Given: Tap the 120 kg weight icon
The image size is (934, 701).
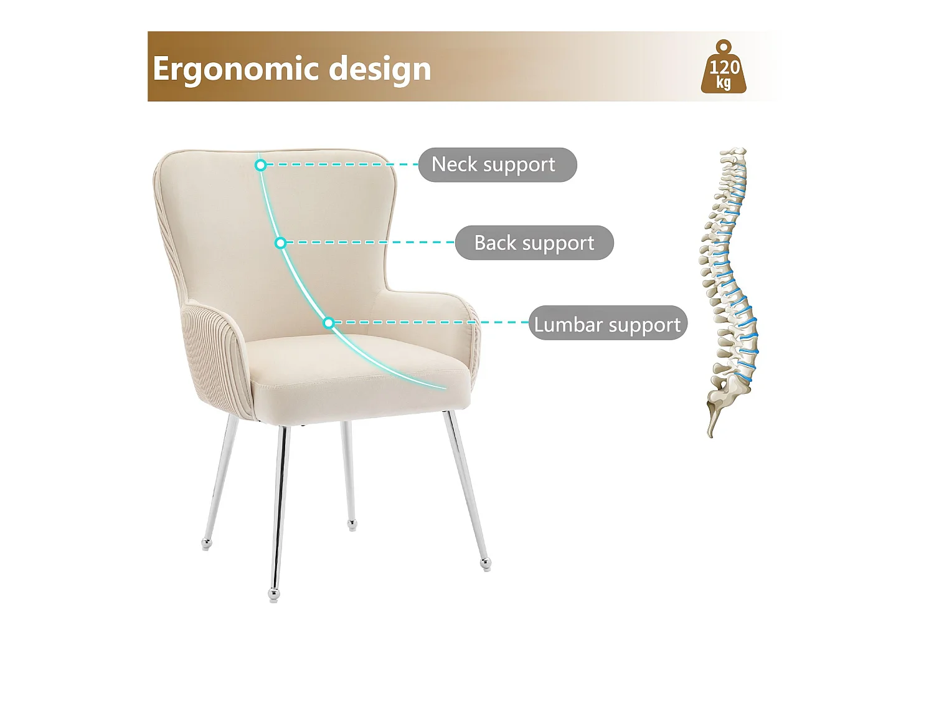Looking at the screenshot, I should click(724, 69).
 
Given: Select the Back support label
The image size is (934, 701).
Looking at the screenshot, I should click(534, 242).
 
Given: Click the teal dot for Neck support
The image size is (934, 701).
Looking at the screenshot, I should click(261, 165).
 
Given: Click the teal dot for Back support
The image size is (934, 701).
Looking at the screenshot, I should click(281, 242).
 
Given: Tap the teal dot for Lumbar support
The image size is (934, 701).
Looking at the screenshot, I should click(329, 322).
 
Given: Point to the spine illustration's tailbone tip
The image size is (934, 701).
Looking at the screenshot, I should click(710, 434).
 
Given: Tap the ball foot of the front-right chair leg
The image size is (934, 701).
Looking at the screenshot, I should click(486, 565).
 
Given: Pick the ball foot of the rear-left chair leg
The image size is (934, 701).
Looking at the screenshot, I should click(207, 545).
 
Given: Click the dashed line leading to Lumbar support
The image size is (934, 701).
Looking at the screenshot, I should click(430, 322).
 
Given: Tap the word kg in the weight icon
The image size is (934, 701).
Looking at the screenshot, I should click(724, 83).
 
